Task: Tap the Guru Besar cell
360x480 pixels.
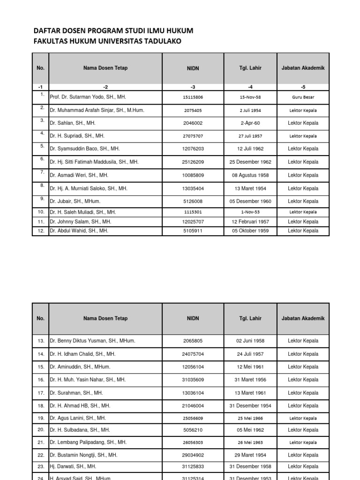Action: coord(303,97)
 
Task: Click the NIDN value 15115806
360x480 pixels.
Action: coord(193,97)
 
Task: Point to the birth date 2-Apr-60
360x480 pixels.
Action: coord(250,123)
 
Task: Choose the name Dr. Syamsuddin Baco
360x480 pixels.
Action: coord(84,149)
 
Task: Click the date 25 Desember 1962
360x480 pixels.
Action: coord(250,162)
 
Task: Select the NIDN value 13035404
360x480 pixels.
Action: coord(193,188)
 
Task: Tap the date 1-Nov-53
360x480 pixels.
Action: coord(250,212)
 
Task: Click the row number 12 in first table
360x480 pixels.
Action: coord(40,231)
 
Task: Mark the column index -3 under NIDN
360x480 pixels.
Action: coord(193,87)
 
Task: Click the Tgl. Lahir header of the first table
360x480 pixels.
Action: coord(250,68)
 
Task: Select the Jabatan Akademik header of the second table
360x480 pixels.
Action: coord(303,318)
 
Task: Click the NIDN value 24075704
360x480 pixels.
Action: coord(193,354)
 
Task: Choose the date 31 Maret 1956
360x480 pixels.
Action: coord(250,380)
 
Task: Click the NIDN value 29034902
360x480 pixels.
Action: coord(193,455)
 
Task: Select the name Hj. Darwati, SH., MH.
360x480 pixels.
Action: coord(73,466)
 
